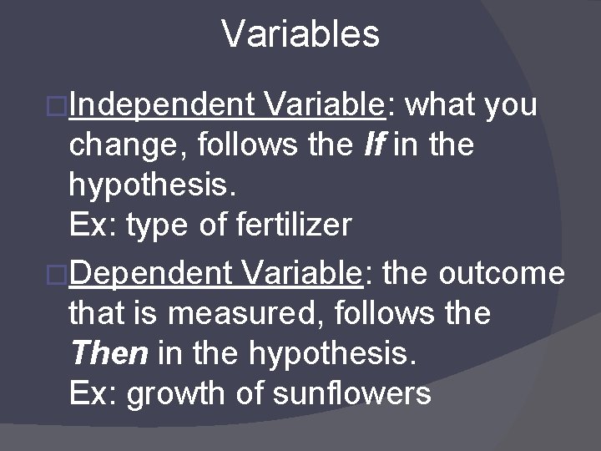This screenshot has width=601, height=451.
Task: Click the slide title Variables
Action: pos(300,34)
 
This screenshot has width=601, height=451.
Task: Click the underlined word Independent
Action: pos(163,106)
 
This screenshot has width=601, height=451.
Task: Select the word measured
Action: pos(237,313)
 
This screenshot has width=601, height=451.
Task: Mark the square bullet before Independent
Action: pos(58,107)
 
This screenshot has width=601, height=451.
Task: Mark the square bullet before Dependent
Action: pos(58,274)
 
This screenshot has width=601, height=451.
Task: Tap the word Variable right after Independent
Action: pos(322,106)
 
